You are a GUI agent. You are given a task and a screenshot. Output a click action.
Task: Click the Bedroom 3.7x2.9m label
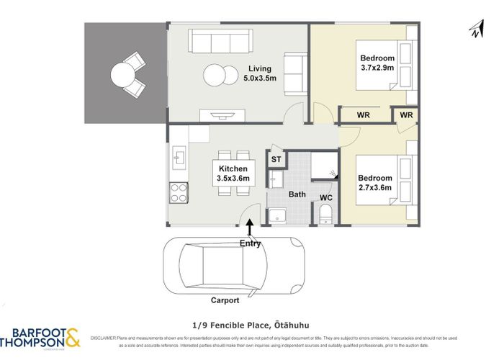click(x=376, y=64)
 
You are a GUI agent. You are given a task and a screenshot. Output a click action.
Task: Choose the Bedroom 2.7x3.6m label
click(x=375, y=183)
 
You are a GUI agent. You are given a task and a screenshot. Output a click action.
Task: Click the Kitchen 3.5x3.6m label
click(x=233, y=174)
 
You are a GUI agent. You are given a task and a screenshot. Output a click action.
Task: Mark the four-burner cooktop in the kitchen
click(x=178, y=192)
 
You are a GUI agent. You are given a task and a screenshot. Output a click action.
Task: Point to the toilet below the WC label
click(x=325, y=212)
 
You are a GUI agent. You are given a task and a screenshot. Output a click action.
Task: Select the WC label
click(x=325, y=196)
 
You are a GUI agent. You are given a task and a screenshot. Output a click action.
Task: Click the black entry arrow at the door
click(x=250, y=228)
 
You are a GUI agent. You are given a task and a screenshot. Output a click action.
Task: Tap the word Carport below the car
click(x=225, y=300)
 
